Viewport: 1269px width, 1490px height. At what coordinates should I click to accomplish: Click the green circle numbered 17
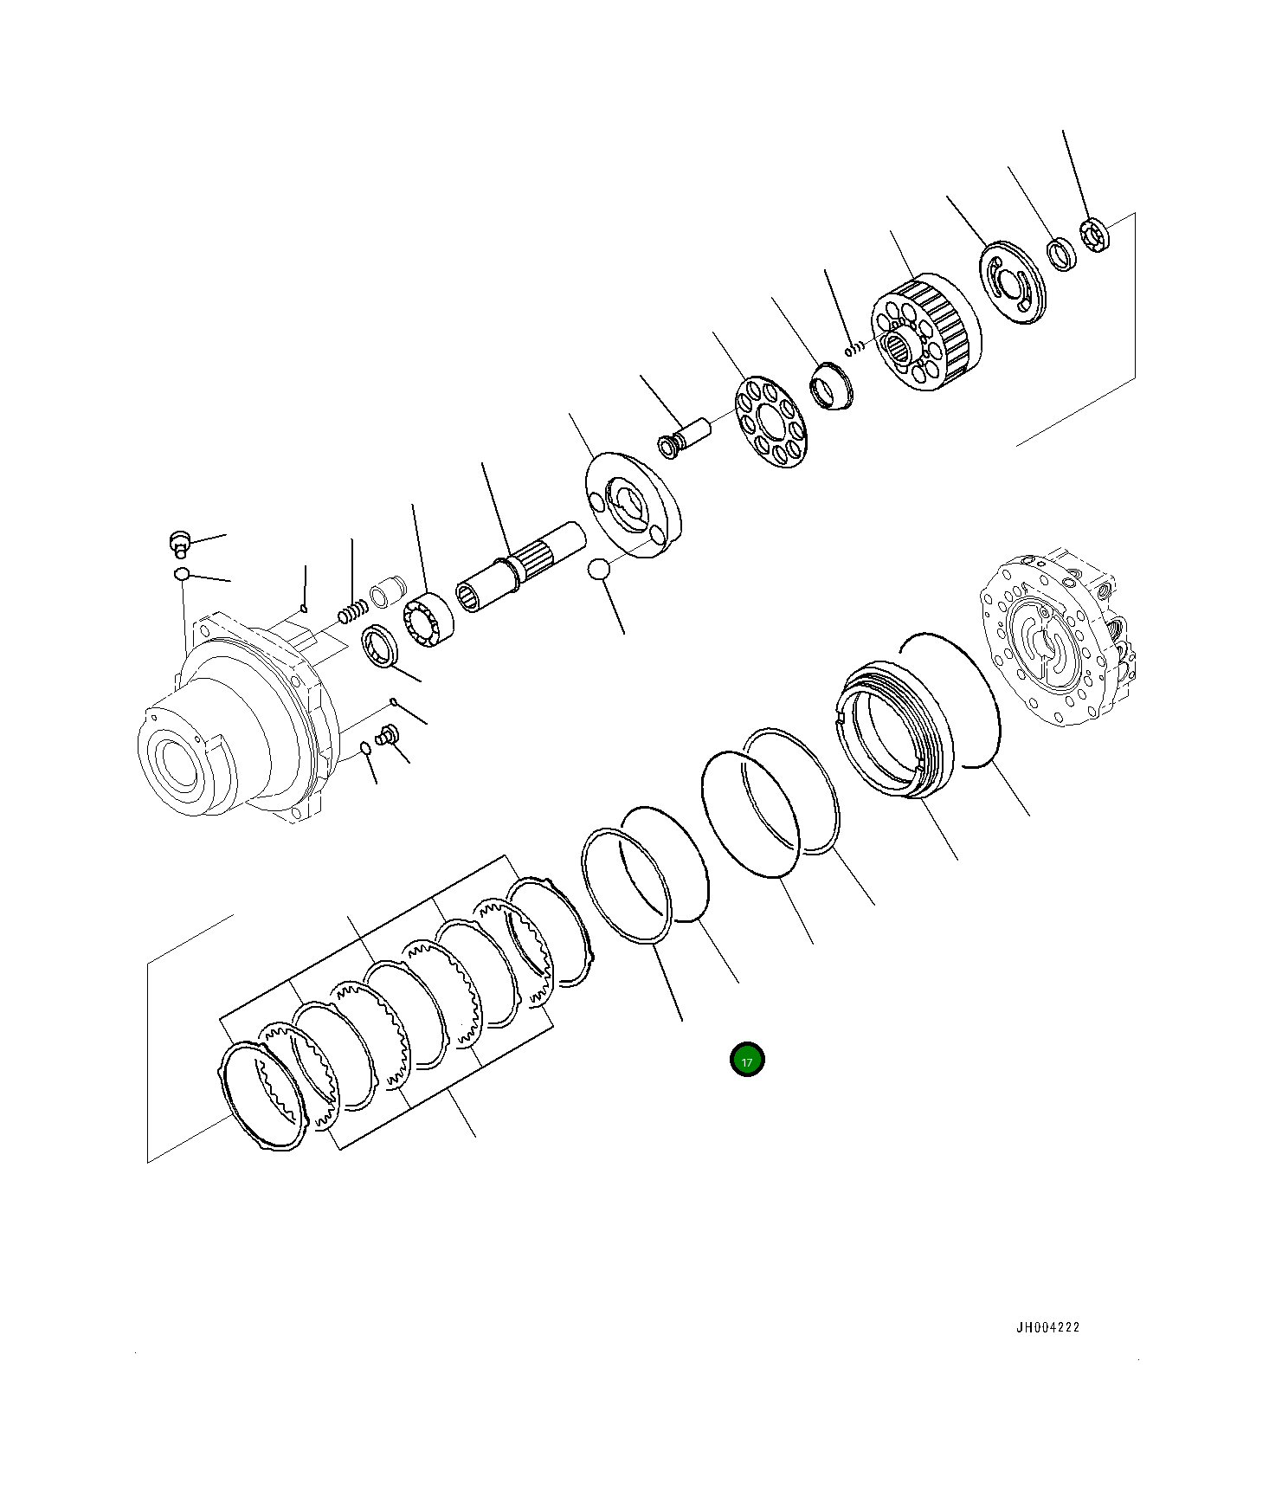[747, 1060]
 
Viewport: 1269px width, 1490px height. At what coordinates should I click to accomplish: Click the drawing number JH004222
[1047, 1327]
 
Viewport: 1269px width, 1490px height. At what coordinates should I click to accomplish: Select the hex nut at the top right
[1095, 235]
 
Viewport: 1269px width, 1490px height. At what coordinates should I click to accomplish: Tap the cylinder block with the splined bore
[925, 332]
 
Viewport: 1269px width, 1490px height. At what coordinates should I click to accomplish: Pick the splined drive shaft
[520, 568]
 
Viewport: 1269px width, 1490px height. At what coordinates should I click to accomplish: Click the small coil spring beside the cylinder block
[854, 348]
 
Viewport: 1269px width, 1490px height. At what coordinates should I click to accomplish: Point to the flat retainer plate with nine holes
[770, 422]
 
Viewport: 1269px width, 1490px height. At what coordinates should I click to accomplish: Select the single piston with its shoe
[686, 435]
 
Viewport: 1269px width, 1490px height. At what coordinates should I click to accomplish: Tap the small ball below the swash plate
[597, 570]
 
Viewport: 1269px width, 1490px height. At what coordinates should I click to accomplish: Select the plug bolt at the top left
[179, 544]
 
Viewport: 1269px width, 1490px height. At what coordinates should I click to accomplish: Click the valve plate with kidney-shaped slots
[1012, 283]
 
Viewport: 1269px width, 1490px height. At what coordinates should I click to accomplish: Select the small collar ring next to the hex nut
[1061, 254]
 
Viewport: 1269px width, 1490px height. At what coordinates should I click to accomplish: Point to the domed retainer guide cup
[832, 389]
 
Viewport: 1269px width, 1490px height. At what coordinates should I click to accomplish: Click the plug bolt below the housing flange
[387, 736]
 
